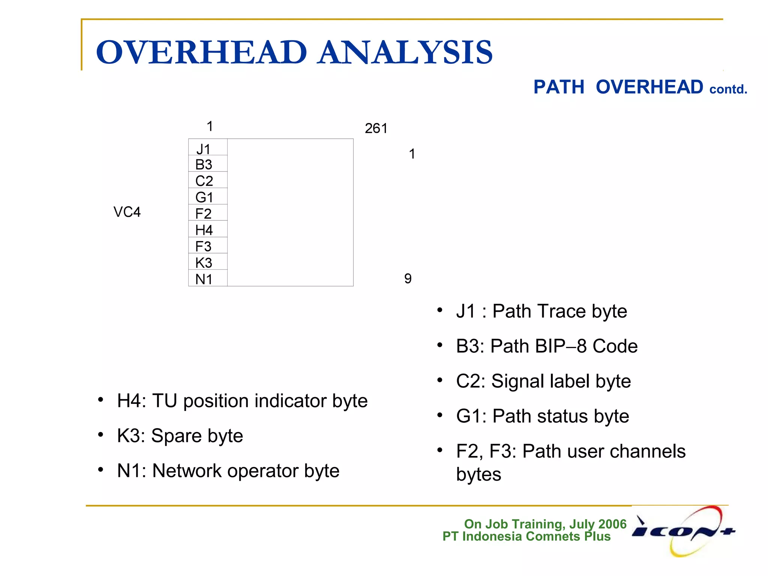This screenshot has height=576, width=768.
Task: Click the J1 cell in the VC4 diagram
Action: (x=207, y=148)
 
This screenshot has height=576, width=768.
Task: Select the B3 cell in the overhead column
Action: (x=207, y=164)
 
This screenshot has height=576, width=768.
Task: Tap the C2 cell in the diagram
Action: (x=207, y=181)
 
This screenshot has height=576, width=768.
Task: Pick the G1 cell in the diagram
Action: (x=207, y=197)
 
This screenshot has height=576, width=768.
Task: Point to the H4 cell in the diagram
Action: (x=207, y=229)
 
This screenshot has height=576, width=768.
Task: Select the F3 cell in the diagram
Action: (x=207, y=246)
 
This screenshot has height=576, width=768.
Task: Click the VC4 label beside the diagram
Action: (x=127, y=212)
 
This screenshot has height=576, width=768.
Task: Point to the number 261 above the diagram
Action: (x=376, y=129)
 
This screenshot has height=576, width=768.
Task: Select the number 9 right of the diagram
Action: (x=408, y=279)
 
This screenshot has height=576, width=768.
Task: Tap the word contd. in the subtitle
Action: (x=728, y=89)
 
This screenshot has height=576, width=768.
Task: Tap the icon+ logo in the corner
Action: (x=684, y=531)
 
